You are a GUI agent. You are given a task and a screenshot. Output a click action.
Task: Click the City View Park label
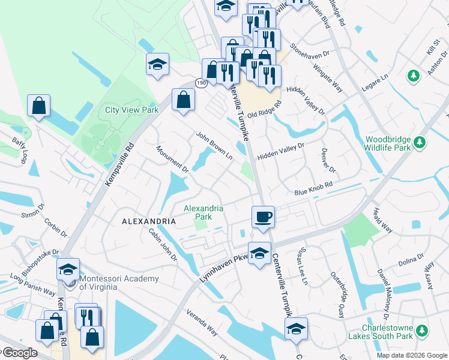point(131,110)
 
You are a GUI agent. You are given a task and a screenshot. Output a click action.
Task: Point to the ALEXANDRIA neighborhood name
point(149,221)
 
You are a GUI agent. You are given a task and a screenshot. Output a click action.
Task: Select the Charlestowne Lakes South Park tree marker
point(423,330)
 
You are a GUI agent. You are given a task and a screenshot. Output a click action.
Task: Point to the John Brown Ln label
point(214,146)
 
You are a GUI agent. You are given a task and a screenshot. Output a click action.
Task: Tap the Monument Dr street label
point(172,160)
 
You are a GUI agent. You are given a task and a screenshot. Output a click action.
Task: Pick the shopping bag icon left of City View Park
point(38,106)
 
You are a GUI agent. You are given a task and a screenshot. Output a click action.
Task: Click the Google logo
point(19,353)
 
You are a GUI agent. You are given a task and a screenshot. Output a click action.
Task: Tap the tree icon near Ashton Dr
point(413,76)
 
